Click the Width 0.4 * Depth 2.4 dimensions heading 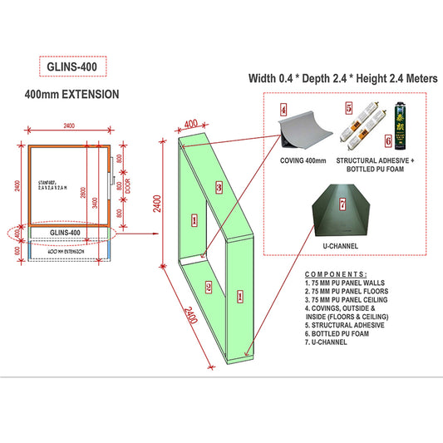click(343, 79)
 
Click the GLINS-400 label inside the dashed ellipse click(65, 233)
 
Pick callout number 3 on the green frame click(219, 187)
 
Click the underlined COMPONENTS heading click(336, 273)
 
